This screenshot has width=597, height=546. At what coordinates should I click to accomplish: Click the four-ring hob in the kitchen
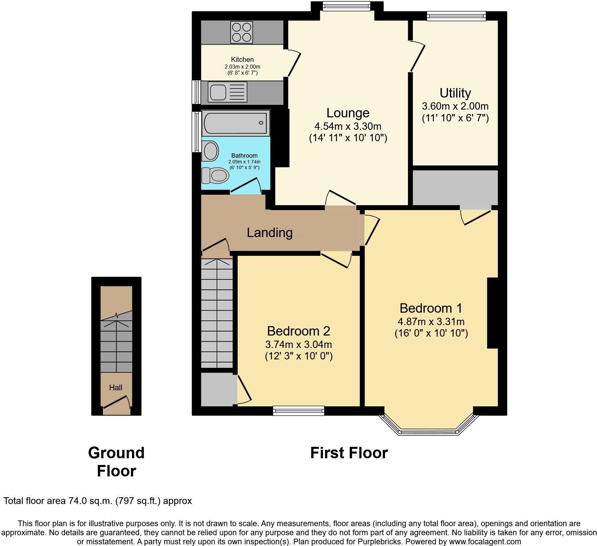pyautogui.click(x=241, y=32)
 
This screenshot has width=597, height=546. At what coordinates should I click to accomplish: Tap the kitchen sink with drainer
pyautogui.click(x=228, y=92)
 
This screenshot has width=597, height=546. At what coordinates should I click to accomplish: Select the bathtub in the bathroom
pyautogui.click(x=235, y=123)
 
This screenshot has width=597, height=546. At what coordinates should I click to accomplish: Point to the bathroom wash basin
pyautogui.click(x=210, y=151)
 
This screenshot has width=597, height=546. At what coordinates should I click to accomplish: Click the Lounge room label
pyautogui.click(x=348, y=113)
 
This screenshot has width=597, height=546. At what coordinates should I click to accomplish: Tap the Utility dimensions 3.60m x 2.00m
pyautogui.click(x=455, y=106)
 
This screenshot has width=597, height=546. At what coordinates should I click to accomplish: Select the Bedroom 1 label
pyautogui.click(x=431, y=308)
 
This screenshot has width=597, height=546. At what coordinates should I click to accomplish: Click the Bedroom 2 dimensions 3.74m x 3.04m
pyautogui.click(x=298, y=345)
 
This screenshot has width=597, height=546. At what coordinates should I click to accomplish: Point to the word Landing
pyautogui.click(x=270, y=233)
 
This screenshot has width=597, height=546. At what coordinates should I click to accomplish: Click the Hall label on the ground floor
pyautogui.click(x=116, y=388)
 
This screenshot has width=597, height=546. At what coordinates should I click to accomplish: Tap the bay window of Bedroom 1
pyautogui.click(x=429, y=431)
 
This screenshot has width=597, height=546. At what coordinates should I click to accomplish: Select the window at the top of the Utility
pyautogui.click(x=456, y=15)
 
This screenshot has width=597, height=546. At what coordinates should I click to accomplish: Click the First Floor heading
pyautogui.click(x=349, y=453)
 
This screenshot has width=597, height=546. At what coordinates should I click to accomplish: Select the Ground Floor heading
pyautogui.click(x=116, y=462)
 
